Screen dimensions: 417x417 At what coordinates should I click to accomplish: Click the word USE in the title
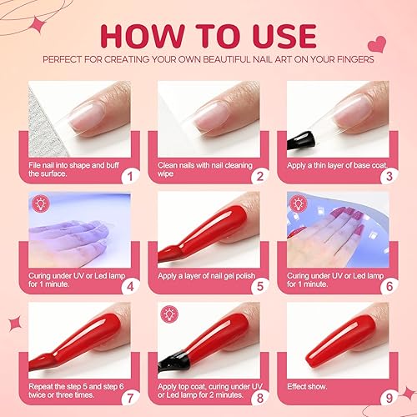(x=280, y=35)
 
